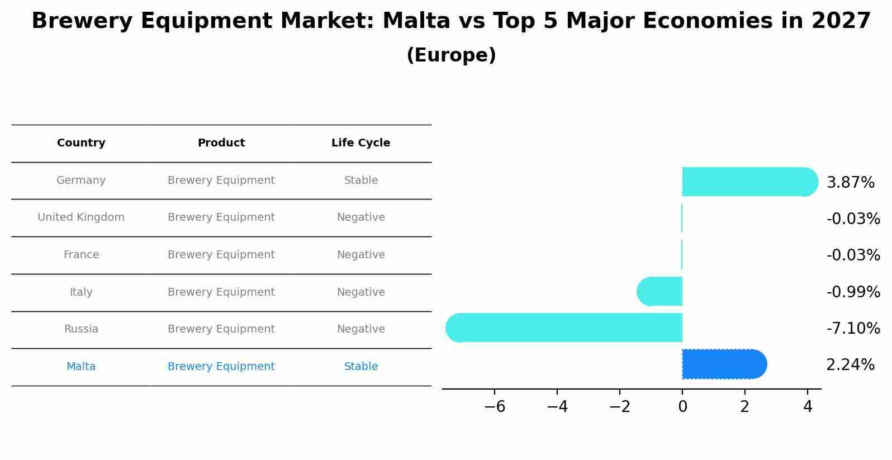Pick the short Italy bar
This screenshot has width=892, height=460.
660,291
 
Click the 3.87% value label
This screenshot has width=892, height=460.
850,183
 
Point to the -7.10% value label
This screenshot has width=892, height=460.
853,328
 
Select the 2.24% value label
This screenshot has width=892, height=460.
850,365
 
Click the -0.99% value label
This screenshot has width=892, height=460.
853,292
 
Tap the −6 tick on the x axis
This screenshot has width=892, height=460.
495,407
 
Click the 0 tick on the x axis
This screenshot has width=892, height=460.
682,407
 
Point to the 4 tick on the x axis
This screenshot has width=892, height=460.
807,407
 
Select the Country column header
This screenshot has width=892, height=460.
81,143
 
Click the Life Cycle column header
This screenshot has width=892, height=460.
360,143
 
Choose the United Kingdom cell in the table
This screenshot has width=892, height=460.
81,217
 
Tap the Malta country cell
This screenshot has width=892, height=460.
81,367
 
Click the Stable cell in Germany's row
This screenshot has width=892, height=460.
361,181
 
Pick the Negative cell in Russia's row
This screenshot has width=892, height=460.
360,329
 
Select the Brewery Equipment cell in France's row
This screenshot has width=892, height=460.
221,255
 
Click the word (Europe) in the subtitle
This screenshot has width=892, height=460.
451,55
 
